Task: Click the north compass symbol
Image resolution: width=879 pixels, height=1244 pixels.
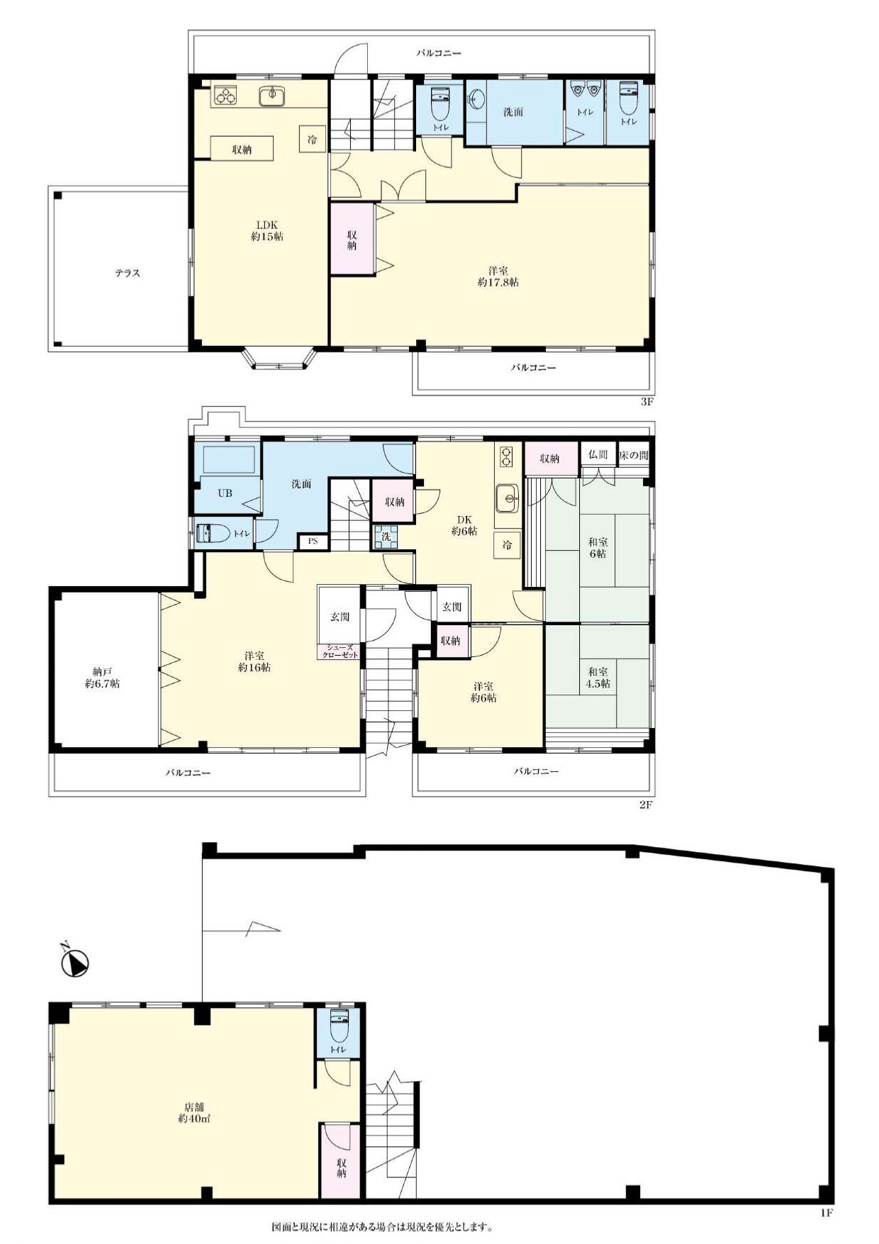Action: pos(74,962)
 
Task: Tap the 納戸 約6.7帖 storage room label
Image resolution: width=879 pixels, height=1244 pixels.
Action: pos(102,678)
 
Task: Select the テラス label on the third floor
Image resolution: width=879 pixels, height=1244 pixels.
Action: pos(128,273)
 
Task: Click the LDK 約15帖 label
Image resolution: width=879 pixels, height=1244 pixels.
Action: pos(267,230)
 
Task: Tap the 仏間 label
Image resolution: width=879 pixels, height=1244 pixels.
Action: pos(598,455)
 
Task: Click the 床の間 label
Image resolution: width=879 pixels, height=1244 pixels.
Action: pos(633,455)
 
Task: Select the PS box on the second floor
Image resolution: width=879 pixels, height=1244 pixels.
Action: pos(313,542)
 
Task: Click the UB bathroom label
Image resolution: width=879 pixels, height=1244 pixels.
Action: pos(225,493)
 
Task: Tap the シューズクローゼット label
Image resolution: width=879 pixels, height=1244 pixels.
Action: pos(340,651)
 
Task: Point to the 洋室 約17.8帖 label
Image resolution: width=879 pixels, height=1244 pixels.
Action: pos(498,276)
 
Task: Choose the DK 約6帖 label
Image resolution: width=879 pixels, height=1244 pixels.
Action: pos(464,525)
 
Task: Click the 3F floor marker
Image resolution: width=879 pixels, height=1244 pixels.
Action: pos(646,402)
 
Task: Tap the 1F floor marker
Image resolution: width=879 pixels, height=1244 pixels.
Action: pos(826,1214)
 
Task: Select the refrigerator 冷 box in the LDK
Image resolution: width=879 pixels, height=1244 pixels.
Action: pos(313,139)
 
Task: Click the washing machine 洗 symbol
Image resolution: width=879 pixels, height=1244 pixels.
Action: pos(386,537)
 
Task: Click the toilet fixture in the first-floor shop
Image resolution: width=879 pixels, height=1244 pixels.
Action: pos(339,1025)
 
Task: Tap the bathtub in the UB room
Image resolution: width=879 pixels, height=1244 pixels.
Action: pos(229,461)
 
